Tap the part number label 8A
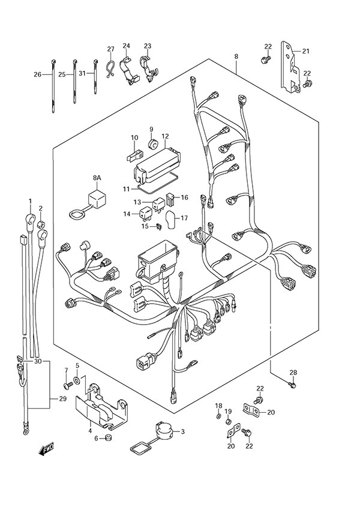coord(97,178)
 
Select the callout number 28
coord(293,373)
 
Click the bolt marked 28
coord(292,384)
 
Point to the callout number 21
coord(305,52)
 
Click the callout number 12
coord(148,137)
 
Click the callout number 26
coord(37,75)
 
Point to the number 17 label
coord(184,218)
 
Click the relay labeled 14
coord(146,212)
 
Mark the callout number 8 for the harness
coord(236,56)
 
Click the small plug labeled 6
coord(109,438)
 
